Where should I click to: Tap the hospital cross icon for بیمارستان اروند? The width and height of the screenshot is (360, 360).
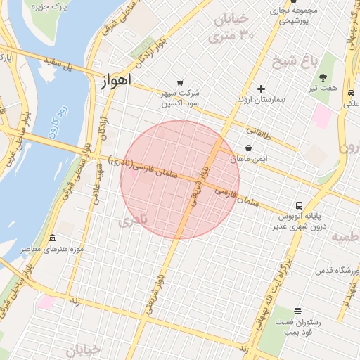pos(261,89)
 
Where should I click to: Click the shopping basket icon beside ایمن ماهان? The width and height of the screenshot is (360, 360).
pos(249,148)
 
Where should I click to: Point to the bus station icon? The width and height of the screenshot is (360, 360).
pos(300,205)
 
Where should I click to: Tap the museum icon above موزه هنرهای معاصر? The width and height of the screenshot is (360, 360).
pos(53,239)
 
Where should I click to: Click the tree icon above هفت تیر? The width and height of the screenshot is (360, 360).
pos(323,77)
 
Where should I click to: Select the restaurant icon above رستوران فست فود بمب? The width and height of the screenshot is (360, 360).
pos(297,311)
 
